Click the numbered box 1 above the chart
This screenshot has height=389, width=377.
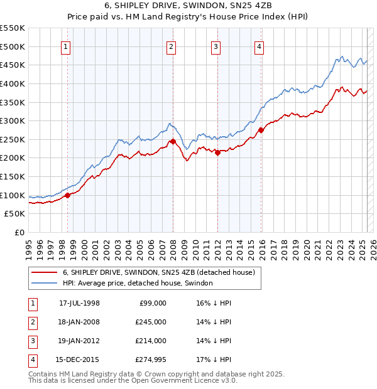point(66,45)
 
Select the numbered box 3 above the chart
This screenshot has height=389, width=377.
point(216,45)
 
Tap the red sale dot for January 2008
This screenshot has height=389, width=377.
point(173,141)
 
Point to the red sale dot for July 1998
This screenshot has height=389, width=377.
point(68,195)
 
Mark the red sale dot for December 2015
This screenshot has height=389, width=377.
point(260,130)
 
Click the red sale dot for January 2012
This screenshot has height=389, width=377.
point(217,152)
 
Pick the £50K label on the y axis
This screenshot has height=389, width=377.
point(15,214)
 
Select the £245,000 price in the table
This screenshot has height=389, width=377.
point(151,322)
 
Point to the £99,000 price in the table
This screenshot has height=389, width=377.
point(153,303)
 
